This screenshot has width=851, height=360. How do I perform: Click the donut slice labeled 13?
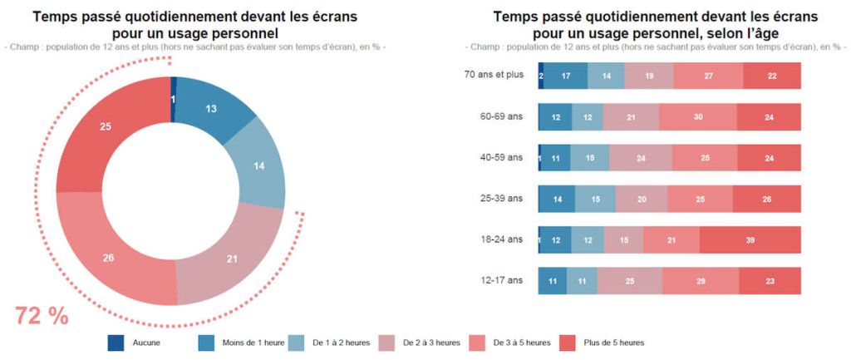[211, 109]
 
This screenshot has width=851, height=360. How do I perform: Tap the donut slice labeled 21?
[232, 259]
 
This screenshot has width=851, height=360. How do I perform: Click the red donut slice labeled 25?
[105, 126]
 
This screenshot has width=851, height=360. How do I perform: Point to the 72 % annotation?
[42, 316]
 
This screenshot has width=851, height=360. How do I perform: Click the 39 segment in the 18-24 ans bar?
[750, 240]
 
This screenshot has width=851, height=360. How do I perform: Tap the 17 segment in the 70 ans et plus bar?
[565, 76]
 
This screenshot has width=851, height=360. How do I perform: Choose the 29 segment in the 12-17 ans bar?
[701, 282]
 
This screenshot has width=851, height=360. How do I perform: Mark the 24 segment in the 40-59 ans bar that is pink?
[640, 158]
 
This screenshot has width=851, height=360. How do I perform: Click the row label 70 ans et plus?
[494, 75]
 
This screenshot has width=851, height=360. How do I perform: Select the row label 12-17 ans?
[502, 281]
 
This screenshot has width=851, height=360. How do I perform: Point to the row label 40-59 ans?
[502, 157]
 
